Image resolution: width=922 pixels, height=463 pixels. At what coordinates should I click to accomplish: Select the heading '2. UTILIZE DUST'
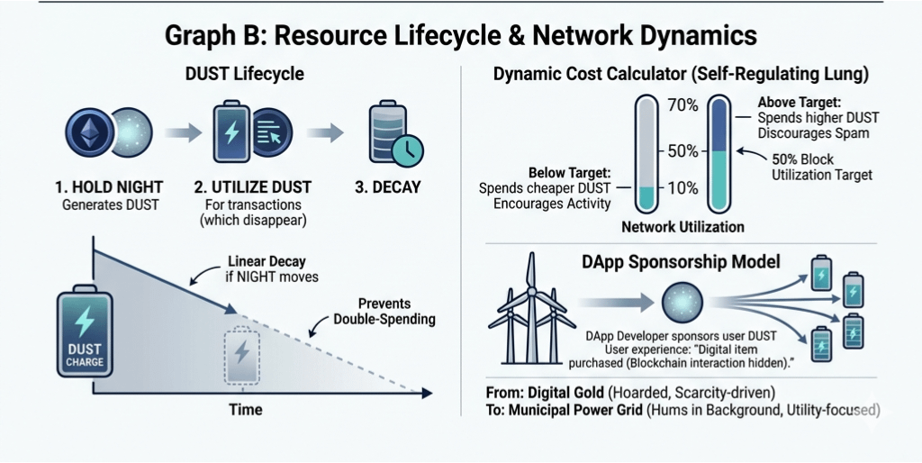(x=253, y=188)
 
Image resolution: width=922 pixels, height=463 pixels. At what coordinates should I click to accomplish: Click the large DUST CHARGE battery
(x=85, y=331)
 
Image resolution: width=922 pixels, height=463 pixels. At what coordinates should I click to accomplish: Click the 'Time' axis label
(x=245, y=410)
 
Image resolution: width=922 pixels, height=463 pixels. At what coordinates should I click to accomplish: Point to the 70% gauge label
(x=682, y=105)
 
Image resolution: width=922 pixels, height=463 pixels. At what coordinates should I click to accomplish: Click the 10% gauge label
(x=682, y=187)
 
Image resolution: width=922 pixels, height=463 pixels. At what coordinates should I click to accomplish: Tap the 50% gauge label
(x=682, y=150)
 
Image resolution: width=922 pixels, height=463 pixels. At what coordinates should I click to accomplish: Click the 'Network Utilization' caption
(x=682, y=227)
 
